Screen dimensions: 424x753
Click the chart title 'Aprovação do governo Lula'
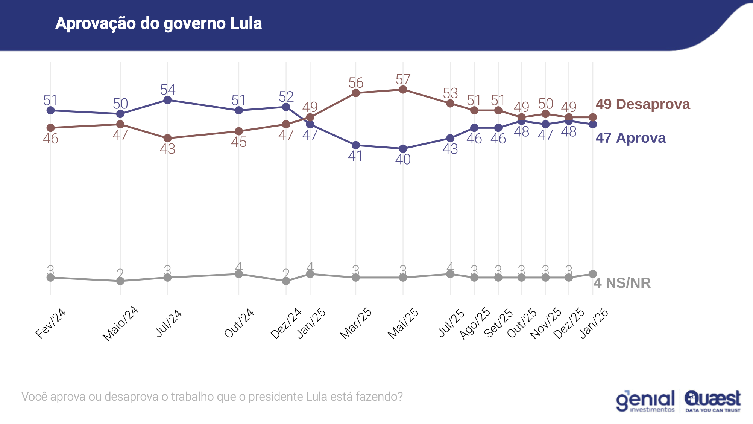[x=158, y=23]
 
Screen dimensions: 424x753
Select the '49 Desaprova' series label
[x=642, y=104]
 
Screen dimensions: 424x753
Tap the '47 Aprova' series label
[x=630, y=138]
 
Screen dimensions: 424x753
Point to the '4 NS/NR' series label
[x=622, y=283]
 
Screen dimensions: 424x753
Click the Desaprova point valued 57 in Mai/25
[x=403, y=90]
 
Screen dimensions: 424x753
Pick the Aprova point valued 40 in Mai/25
[x=403, y=149]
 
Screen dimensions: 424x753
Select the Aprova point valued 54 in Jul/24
[x=168, y=100]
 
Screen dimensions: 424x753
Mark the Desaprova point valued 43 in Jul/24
[x=168, y=138]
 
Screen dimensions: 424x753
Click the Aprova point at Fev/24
[x=50, y=110]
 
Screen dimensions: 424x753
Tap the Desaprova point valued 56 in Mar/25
[x=356, y=93]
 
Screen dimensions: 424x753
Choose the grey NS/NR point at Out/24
[x=239, y=274]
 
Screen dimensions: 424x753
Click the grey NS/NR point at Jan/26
[x=593, y=274]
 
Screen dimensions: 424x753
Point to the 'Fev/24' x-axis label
[x=51, y=323]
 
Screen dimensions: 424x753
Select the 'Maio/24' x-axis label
[x=120, y=323]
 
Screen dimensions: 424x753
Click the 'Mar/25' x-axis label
[x=356, y=323]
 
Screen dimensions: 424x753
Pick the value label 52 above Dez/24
[x=286, y=97]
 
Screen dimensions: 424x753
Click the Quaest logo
[x=713, y=401]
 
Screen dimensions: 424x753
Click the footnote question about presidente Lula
[x=212, y=397]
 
